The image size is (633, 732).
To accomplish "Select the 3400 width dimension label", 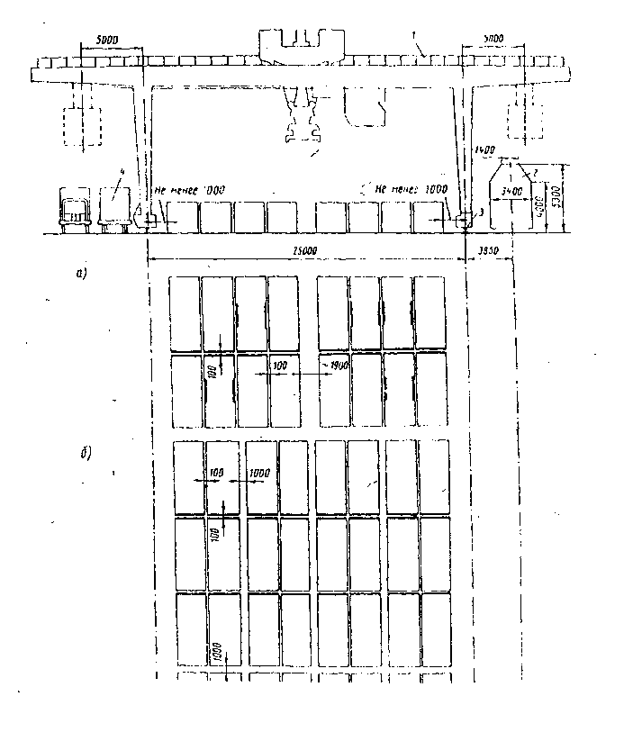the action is pyautogui.click(x=510, y=192).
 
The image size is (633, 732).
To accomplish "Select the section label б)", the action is pyautogui.click(x=85, y=452).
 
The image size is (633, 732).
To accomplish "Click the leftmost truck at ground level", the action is pyautogui.click(x=75, y=210).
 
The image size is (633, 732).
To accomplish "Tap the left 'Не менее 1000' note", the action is pyautogui.click(x=189, y=190).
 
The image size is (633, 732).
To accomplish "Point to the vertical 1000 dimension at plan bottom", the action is pyautogui.click(x=217, y=650).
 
